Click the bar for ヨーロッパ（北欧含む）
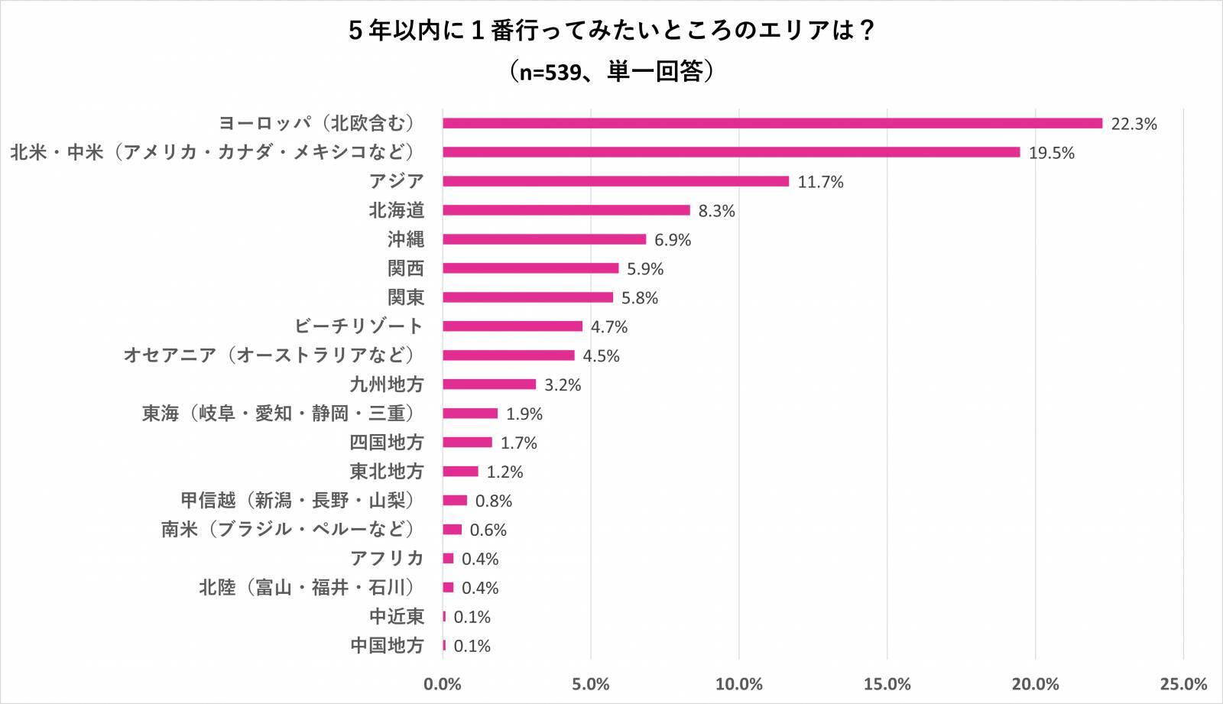(772, 123)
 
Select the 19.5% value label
(1052, 153)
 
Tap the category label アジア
(396, 181)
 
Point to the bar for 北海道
(566, 210)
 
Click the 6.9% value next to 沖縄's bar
(673, 240)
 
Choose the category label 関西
(405, 268)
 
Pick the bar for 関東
(527, 297)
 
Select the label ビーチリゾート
(358, 326)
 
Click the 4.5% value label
(602, 356)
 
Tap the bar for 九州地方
(489, 384)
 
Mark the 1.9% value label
(524, 414)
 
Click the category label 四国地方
(387, 443)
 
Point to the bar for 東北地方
(460, 472)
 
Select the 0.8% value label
(494, 501)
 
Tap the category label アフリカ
(387, 559)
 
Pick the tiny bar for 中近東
(444, 617)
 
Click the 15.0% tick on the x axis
(887, 684)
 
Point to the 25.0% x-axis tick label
(1183, 684)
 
